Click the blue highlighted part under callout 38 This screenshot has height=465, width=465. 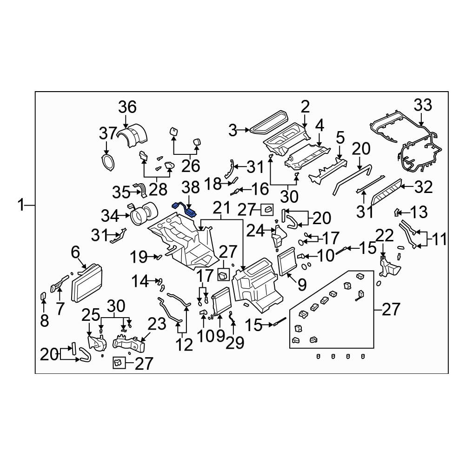(185, 209)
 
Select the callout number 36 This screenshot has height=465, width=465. (127, 107)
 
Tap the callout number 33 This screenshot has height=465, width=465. (423, 105)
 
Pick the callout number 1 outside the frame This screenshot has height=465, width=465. (21, 205)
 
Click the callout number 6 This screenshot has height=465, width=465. (75, 252)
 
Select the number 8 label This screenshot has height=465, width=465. (44, 320)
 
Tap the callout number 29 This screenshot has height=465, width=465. (235, 343)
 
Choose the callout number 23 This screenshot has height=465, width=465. (157, 324)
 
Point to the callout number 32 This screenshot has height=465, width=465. (424, 187)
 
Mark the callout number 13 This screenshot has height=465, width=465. (419, 213)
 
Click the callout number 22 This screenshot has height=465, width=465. (385, 236)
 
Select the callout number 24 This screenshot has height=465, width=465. (255, 231)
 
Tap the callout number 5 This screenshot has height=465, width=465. (340, 138)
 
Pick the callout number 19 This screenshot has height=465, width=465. (139, 257)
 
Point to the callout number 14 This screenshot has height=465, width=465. (140, 281)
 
